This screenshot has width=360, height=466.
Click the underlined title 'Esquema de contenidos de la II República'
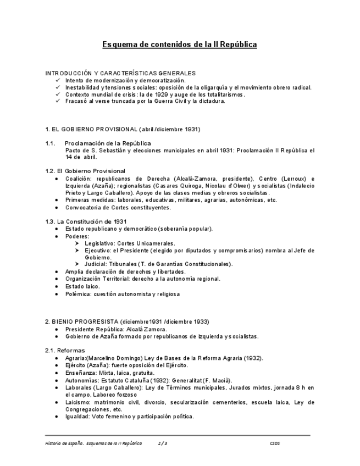(180, 45)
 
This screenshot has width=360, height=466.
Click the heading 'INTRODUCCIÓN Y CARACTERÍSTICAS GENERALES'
(120, 73)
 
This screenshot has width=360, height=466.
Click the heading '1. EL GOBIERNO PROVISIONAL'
(123, 129)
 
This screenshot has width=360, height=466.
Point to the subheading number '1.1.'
(50, 143)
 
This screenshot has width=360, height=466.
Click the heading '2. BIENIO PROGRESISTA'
(127, 321)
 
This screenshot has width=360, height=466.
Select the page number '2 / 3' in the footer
(162, 443)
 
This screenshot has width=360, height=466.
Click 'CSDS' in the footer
(275, 443)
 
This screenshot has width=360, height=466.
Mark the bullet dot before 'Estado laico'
(58, 287)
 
